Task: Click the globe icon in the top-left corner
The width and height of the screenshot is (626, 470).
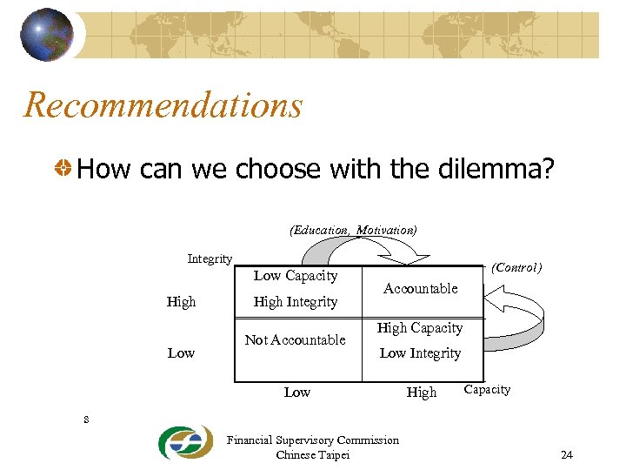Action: [x=47, y=34]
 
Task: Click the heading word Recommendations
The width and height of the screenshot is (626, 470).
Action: [x=163, y=105]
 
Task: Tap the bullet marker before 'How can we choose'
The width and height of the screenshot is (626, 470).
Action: [x=63, y=168]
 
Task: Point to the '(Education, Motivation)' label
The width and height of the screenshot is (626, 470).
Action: [x=353, y=230]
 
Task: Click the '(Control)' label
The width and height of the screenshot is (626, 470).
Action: [x=516, y=268]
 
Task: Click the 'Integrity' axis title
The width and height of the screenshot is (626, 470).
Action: [x=210, y=258]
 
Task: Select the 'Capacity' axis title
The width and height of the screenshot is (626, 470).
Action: [x=487, y=389]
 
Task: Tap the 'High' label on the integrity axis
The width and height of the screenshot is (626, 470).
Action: [x=181, y=302]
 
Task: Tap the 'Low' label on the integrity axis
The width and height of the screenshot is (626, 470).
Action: [x=181, y=352]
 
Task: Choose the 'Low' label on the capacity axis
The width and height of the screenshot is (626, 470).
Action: [x=297, y=393]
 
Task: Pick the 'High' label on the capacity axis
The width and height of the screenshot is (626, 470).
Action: [x=422, y=393]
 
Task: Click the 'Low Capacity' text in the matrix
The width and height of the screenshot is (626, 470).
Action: [x=296, y=276]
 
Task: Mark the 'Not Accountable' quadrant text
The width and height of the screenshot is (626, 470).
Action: [x=296, y=339]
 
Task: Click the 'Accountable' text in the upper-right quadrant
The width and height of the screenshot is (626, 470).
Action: [x=421, y=288]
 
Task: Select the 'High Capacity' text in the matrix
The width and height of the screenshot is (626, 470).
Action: [x=420, y=328]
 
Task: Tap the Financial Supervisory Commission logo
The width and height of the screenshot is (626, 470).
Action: [x=184, y=443]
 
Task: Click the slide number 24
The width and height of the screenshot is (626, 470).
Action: [x=567, y=455]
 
